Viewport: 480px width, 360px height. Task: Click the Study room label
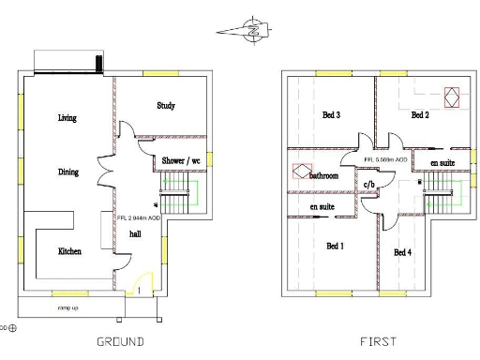(166, 106)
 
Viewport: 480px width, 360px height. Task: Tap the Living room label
(67, 118)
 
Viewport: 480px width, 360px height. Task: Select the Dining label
(67, 172)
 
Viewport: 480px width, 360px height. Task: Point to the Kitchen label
(69, 251)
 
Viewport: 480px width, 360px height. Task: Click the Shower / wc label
(182, 161)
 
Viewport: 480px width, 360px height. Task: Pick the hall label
(135, 234)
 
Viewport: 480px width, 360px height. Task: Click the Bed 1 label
(335, 247)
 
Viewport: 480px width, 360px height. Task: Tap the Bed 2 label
(420, 115)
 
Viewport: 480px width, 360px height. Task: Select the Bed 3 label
(331, 115)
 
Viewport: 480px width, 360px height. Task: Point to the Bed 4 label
(402, 253)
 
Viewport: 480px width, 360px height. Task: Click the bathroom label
(324, 176)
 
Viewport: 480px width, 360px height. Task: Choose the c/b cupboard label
(369, 184)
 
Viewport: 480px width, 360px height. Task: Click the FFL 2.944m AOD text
(139, 217)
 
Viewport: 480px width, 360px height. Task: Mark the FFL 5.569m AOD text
(385, 160)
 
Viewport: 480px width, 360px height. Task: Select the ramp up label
(67, 307)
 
